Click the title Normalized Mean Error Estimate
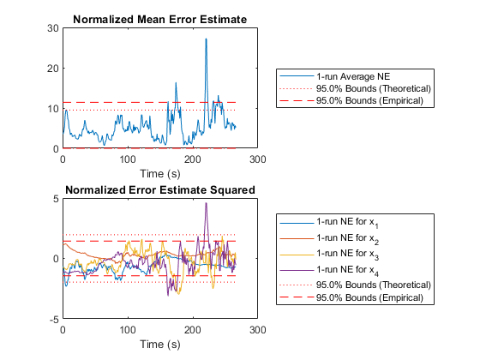[x=159, y=19]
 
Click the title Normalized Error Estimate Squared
[x=160, y=189]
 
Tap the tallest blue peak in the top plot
[x=206, y=39]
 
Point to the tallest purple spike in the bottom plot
[x=206, y=203]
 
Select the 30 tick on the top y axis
[x=53, y=28]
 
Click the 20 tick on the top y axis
[x=53, y=69]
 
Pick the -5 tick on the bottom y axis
[x=54, y=319]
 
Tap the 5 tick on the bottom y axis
[x=56, y=199]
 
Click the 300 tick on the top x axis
[x=257, y=159]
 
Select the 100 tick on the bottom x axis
[x=128, y=330]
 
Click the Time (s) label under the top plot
[x=160, y=174]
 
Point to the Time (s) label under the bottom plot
[x=160, y=345]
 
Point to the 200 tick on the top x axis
[x=193, y=159]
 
